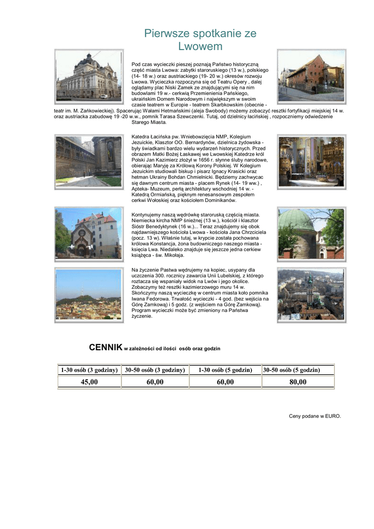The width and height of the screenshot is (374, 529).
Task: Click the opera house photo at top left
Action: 89,76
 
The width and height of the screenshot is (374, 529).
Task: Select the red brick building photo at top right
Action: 311,76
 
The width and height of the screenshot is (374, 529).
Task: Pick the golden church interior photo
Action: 311,161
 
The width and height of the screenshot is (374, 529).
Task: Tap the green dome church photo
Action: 311,234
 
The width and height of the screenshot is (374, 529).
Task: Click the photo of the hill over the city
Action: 88,295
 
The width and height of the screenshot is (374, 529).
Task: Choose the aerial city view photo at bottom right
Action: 311,294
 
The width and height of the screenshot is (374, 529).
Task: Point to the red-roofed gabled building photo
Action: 88,234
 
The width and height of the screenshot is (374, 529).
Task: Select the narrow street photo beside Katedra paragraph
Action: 88,161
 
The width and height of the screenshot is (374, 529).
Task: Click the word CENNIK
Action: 105,347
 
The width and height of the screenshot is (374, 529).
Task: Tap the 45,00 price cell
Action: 89,382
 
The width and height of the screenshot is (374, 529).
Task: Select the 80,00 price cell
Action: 298,382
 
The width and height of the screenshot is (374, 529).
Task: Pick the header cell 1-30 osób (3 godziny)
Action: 89,370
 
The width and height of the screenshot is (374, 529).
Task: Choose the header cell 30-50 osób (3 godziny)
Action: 155,370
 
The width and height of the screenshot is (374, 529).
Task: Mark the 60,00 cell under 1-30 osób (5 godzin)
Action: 225,382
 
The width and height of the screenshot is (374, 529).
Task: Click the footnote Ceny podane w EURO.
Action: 315,416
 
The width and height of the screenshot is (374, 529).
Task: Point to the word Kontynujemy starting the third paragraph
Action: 147,214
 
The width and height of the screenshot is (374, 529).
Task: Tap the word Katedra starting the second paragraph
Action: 141,136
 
